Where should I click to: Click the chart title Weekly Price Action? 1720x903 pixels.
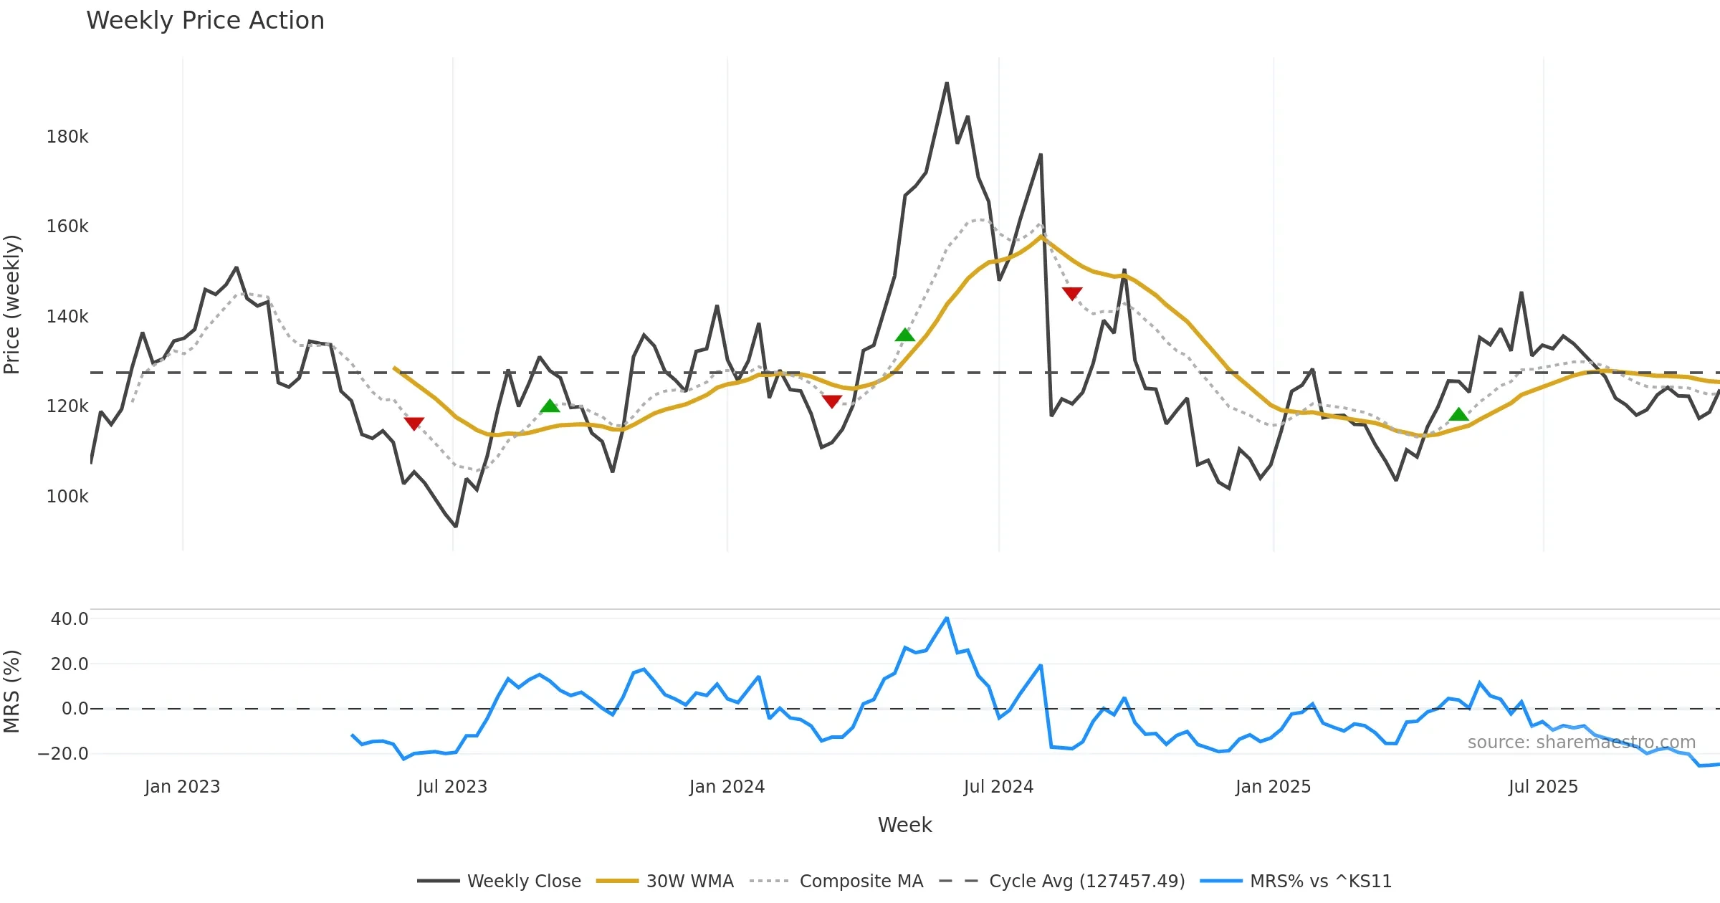(x=205, y=21)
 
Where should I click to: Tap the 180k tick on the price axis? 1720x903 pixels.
(x=67, y=137)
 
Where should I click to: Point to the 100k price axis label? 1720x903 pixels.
(x=67, y=497)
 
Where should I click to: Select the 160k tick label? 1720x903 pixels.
(x=67, y=226)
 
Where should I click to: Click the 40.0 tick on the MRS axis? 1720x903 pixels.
(x=70, y=619)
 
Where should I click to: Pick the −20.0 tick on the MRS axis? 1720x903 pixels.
(x=63, y=754)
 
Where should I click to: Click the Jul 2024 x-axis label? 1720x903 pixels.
(x=998, y=787)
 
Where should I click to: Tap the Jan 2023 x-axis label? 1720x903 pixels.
(x=182, y=787)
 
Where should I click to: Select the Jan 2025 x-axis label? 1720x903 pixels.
(x=1273, y=787)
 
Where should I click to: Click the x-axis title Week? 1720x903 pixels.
(x=904, y=826)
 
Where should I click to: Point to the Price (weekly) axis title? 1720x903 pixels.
(x=12, y=305)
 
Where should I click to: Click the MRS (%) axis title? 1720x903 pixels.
(x=12, y=692)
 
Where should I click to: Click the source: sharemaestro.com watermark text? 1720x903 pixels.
(x=1581, y=742)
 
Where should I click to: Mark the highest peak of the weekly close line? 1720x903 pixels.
(x=947, y=83)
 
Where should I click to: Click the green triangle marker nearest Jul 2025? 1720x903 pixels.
(x=1458, y=414)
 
